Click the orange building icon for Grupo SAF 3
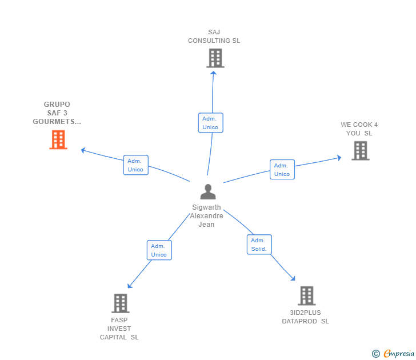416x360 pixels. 58,139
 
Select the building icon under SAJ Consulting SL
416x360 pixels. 215,58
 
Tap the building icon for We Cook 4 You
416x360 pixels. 361,151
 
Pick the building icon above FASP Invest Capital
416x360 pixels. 121,303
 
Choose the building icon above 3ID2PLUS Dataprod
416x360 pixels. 307,296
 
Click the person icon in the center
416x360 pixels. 208,191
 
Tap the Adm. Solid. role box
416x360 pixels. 259,245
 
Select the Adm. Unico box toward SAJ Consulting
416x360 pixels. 211,123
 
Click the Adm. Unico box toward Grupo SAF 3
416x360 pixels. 136,165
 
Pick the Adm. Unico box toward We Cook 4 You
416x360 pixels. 282,170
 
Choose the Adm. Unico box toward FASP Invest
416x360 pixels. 159,250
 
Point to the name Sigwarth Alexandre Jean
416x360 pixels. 206,215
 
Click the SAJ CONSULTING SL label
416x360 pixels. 214,37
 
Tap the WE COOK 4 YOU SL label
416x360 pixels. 359,129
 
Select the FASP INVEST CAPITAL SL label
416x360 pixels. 119,329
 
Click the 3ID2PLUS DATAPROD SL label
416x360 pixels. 305,317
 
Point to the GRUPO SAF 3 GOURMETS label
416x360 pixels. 57,113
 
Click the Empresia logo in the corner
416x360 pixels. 393,353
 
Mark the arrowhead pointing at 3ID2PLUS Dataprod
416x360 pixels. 293,278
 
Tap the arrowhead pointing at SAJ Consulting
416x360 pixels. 213,73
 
